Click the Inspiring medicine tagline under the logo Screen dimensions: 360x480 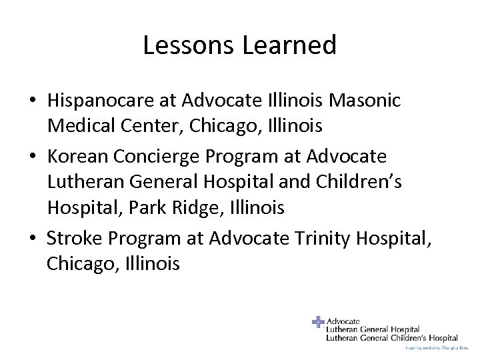point(431,348)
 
